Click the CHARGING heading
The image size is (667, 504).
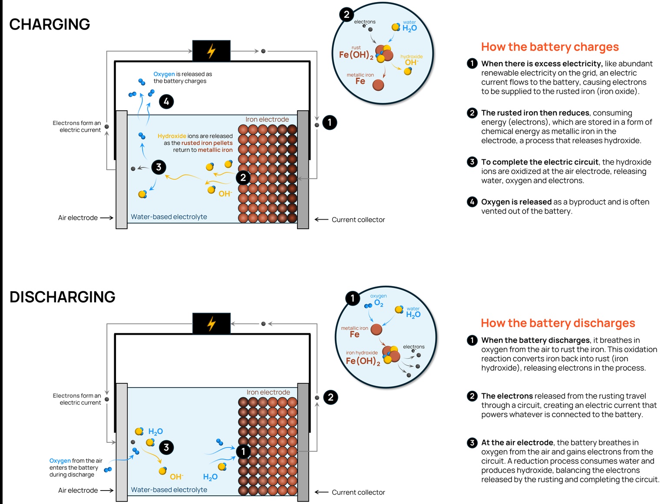click(x=50, y=24)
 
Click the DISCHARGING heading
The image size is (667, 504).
click(x=63, y=297)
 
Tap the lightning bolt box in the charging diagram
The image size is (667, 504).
click(x=211, y=51)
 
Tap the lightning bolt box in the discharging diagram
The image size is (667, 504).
click(x=211, y=323)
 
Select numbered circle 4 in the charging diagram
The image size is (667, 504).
click(x=166, y=102)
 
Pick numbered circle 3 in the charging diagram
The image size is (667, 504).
click(x=159, y=167)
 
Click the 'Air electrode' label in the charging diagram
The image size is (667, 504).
click(x=78, y=218)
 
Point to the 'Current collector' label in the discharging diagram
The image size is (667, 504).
click(x=358, y=492)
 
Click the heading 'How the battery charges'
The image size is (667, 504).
click(x=550, y=47)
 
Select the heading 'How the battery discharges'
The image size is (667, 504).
click(x=558, y=323)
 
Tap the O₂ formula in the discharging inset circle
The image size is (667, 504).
click(x=379, y=303)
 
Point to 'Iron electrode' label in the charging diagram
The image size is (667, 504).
click(x=267, y=119)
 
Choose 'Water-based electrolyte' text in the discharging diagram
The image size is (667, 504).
click(x=169, y=490)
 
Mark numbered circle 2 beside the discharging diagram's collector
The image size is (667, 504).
click(x=330, y=397)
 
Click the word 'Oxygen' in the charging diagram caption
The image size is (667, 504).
click(x=164, y=74)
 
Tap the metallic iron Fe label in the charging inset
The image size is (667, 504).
click(x=360, y=81)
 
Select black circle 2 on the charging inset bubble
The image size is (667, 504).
click(x=346, y=15)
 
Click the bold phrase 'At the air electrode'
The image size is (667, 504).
click(x=517, y=442)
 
